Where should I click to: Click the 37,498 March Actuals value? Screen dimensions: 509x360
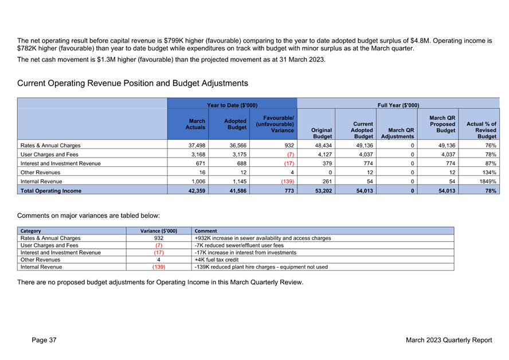197,146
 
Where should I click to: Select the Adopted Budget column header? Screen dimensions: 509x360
236,124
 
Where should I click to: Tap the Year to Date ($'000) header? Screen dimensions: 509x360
232,105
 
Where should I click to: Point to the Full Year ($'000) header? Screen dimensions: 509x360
398,105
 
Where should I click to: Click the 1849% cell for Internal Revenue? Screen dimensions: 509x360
488,182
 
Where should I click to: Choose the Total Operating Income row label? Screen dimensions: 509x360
51,191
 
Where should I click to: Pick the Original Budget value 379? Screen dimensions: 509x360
327,163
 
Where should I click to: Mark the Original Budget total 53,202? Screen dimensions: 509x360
324,191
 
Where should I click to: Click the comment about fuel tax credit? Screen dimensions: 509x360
217,260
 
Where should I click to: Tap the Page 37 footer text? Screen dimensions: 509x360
44,340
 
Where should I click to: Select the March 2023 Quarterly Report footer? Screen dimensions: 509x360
449,340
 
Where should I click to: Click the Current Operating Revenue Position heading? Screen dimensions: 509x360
132,84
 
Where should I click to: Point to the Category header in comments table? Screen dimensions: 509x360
30,231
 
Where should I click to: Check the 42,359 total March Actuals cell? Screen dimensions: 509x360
197,191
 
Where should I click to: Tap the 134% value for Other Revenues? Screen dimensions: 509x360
489,173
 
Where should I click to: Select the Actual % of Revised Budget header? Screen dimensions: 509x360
481,130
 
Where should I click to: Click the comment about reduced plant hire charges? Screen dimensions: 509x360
261,267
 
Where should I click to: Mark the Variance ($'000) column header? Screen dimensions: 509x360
159,231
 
